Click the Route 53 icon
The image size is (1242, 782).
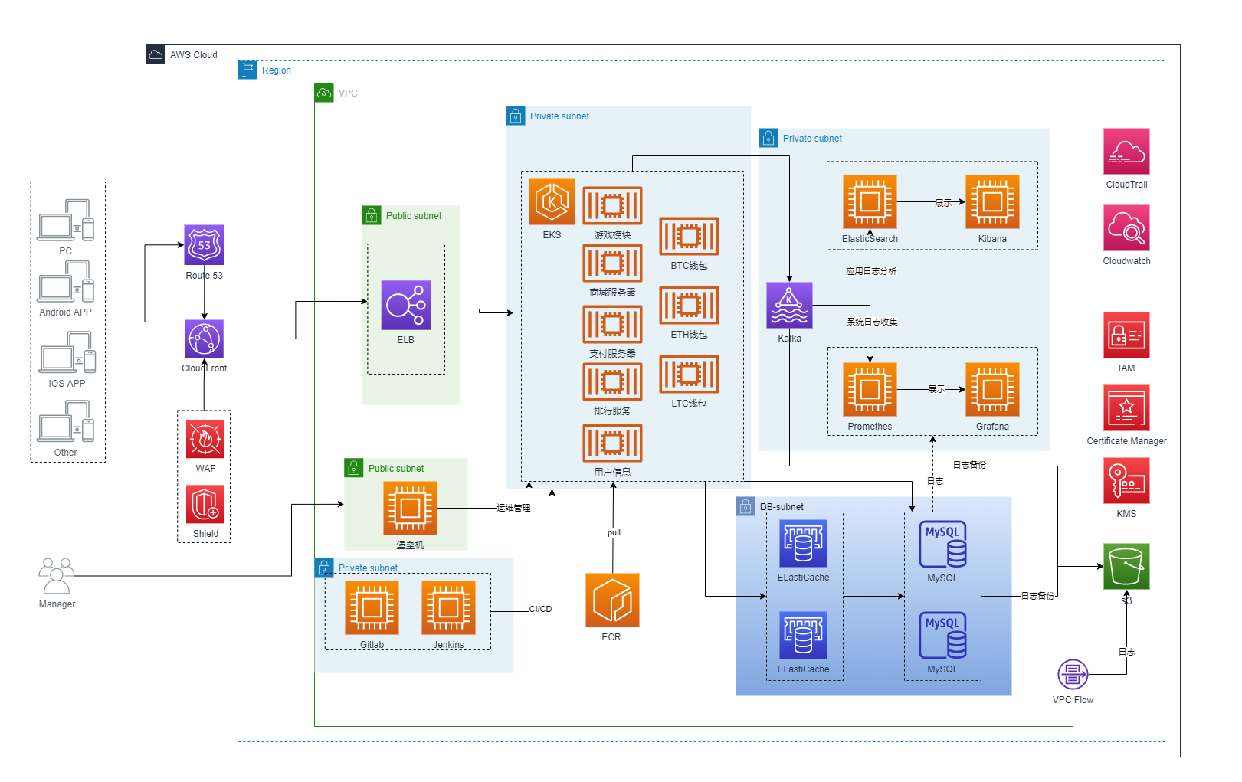point(204,245)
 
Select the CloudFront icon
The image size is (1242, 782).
point(204,339)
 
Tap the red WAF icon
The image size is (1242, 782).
point(205,439)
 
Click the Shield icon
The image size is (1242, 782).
point(205,504)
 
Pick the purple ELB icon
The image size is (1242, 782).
point(405,305)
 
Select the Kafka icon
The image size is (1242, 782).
point(789,305)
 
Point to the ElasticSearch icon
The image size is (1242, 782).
point(870,202)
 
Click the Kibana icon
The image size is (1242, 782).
point(992,202)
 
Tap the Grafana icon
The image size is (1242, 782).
point(992,389)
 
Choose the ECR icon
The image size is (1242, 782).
point(612,600)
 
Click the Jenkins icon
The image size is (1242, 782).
point(448,607)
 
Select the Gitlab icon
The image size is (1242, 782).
point(372,607)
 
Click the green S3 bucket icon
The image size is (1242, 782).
point(1126,566)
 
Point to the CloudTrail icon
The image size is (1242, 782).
point(1126,152)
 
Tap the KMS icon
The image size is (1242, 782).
point(1126,480)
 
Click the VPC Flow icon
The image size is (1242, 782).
point(1073,674)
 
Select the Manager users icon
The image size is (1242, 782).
point(57,576)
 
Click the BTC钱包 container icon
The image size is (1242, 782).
point(689,236)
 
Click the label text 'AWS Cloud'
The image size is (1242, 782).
point(194,55)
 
